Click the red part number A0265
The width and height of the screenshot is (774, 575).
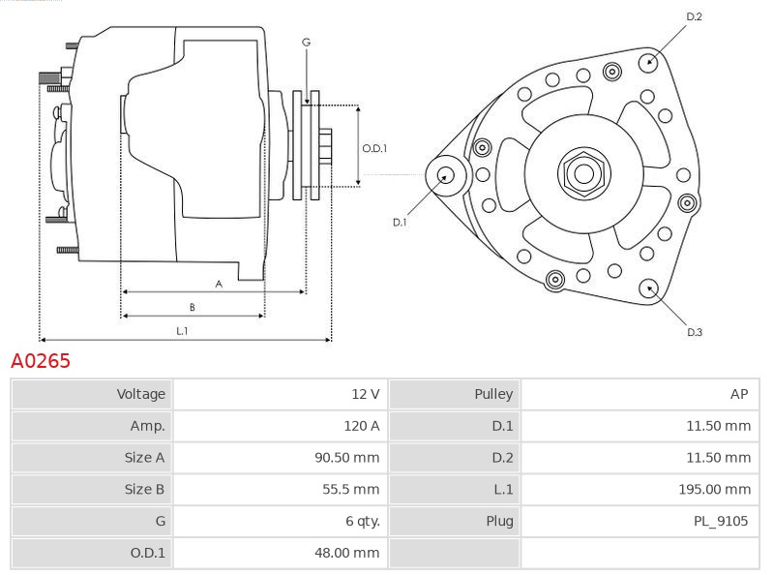pyautogui.click(x=41, y=362)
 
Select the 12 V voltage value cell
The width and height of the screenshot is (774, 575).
pyautogui.click(x=365, y=394)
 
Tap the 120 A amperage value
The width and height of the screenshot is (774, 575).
pyautogui.click(x=361, y=426)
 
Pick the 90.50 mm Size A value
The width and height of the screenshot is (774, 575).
pyautogui.click(x=350, y=458)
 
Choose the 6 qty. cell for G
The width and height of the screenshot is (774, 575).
pyautogui.click(x=361, y=522)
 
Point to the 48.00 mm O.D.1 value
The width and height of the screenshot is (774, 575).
pyautogui.click(x=350, y=554)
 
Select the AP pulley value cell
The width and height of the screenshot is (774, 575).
pyautogui.click(x=739, y=394)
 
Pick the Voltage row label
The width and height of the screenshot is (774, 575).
pyautogui.click(x=141, y=394)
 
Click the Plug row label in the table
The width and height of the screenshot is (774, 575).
pyautogui.click(x=499, y=522)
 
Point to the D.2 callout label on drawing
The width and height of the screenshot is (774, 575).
pyautogui.click(x=694, y=16)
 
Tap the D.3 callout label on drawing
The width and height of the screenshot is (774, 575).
pyautogui.click(x=694, y=332)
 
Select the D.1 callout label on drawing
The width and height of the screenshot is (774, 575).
pyautogui.click(x=400, y=223)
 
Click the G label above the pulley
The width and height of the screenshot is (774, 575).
pyautogui.click(x=306, y=43)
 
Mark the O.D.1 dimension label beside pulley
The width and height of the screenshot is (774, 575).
pyautogui.click(x=374, y=149)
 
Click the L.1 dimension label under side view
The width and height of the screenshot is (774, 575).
pyautogui.click(x=182, y=331)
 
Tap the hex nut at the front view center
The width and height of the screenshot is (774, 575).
pyautogui.click(x=582, y=173)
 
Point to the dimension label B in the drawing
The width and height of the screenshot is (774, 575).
pyautogui.click(x=192, y=308)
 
